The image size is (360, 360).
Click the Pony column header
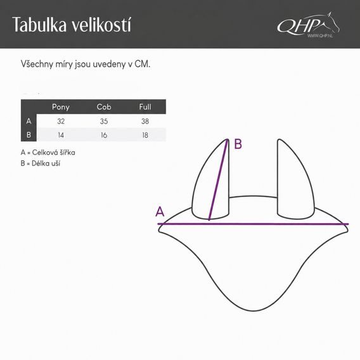pyautogui.click(x=61, y=107)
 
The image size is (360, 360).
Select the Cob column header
pyautogui.click(x=104, y=106)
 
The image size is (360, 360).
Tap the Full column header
pyautogui.click(x=145, y=106)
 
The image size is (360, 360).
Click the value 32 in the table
pyautogui.click(x=61, y=121)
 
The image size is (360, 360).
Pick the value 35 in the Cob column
pyautogui.click(x=104, y=121)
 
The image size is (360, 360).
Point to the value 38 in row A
pyautogui.click(x=145, y=121)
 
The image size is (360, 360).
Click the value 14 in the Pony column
pyautogui.click(x=61, y=135)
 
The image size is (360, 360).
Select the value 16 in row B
pyautogui.click(x=104, y=135)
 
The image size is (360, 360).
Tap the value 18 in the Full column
pyautogui.click(x=145, y=135)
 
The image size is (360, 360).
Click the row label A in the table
pyautogui.click(x=29, y=121)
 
